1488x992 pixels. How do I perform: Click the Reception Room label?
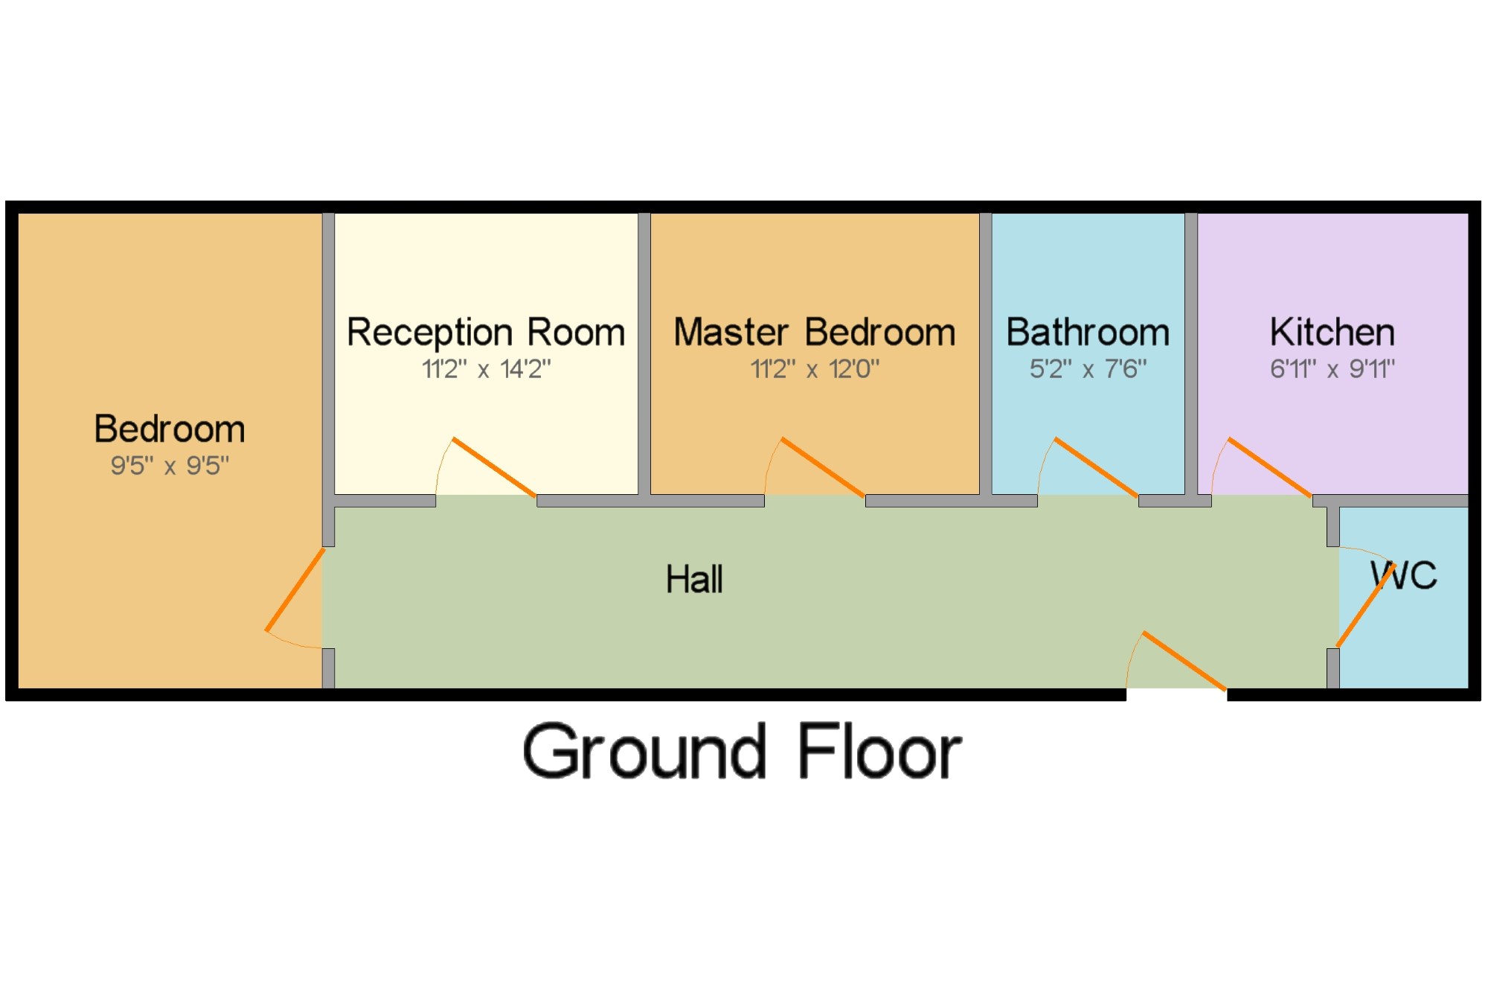pyautogui.click(x=486, y=332)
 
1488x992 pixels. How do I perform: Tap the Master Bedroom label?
pyautogui.click(x=815, y=332)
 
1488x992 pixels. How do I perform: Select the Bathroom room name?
pyautogui.click(x=1088, y=332)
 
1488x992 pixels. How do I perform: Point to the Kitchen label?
pyautogui.click(x=1332, y=332)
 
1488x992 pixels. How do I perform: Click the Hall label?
pyautogui.click(x=694, y=579)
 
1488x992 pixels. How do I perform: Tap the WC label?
pyautogui.click(x=1404, y=575)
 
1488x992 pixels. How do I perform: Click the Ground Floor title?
pyautogui.click(x=742, y=752)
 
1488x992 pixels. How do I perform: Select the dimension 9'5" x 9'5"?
pyautogui.click(x=170, y=466)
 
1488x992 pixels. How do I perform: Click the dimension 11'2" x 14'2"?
pyautogui.click(x=486, y=368)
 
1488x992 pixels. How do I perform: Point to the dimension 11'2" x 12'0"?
pyautogui.click(x=815, y=368)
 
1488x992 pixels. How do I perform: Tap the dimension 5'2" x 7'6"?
pyautogui.click(x=1088, y=368)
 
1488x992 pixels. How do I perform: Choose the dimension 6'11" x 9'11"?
pyautogui.click(x=1332, y=368)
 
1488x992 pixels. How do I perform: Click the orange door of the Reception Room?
pyautogui.click(x=495, y=467)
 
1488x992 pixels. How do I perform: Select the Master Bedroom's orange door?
pyautogui.click(x=824, y=467)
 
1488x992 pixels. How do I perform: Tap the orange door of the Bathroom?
pyautogui.click(x=1097, y=467)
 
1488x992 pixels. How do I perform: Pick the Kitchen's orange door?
pyautogui.click(x=1270, y=467)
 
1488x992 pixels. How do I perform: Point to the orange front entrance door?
pyautogui.click(x=1184, y=661)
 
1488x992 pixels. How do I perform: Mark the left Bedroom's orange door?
pyautogui.click(x=295, y=589)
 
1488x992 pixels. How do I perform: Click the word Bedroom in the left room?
pyautogui.click(x=170, y=429)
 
